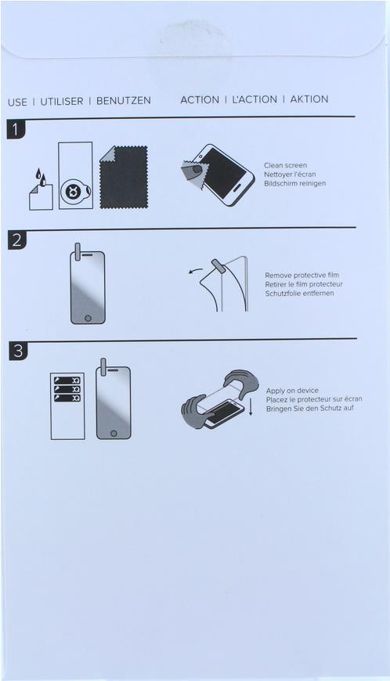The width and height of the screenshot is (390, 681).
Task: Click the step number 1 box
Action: pyautogui.click(x=16, y=130)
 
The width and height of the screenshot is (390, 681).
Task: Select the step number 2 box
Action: pyautogui.click(x=17, y=240)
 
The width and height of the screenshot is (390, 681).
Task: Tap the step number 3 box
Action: pyautogui.click(x=18, y=351)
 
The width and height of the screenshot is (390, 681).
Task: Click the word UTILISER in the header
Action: pyautogui.click(x=62, y=102)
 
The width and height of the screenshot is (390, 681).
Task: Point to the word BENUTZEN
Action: pyautogui.click(x=124, y=101)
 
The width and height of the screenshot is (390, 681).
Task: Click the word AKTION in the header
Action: pyautogui.click(x=309, y=99)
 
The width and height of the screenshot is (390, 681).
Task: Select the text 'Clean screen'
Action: pyautogui.click(x=285, y=165)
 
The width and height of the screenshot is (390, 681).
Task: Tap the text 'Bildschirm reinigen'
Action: pyautogui.click(x=295, y=184)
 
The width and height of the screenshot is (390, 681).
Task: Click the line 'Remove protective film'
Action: pyautogui.click(x=302, y=276)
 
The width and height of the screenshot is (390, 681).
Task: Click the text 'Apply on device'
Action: pyautogui.click(x=292, y=391)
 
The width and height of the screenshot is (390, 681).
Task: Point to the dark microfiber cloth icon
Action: pyautogui.click(x=123, y=177)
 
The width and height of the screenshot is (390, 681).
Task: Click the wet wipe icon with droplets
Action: pyautogui.click(x=41, y=189)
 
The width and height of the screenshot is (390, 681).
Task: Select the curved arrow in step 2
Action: pyautogui.click(x=196, y=271)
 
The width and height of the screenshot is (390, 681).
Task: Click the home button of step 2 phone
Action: pyautogui.click(x=88, y=318)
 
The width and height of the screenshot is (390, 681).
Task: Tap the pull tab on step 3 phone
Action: pyautogui.click(x=103, y=367)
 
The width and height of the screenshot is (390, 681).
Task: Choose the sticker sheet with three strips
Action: pyautogui.click(x=68, y=406)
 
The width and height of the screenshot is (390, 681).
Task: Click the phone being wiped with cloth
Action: pyautogui.click(x=224, y=175)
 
